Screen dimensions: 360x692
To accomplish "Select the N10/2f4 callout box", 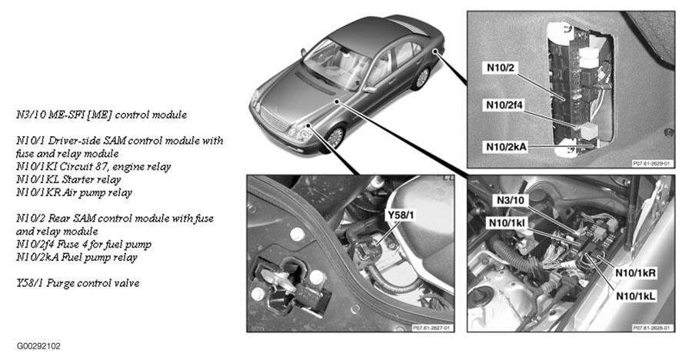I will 507,105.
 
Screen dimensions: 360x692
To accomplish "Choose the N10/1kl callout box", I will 517,223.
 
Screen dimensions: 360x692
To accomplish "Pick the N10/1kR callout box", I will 634,272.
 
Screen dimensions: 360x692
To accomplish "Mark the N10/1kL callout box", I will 634,294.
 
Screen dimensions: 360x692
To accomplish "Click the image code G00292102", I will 37,346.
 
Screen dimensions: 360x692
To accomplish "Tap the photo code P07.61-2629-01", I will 651,163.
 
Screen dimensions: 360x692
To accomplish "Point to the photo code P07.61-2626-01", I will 651,327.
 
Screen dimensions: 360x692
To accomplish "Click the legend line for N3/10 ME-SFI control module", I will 101,115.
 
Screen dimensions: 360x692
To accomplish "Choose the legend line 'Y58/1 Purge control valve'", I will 78,283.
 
